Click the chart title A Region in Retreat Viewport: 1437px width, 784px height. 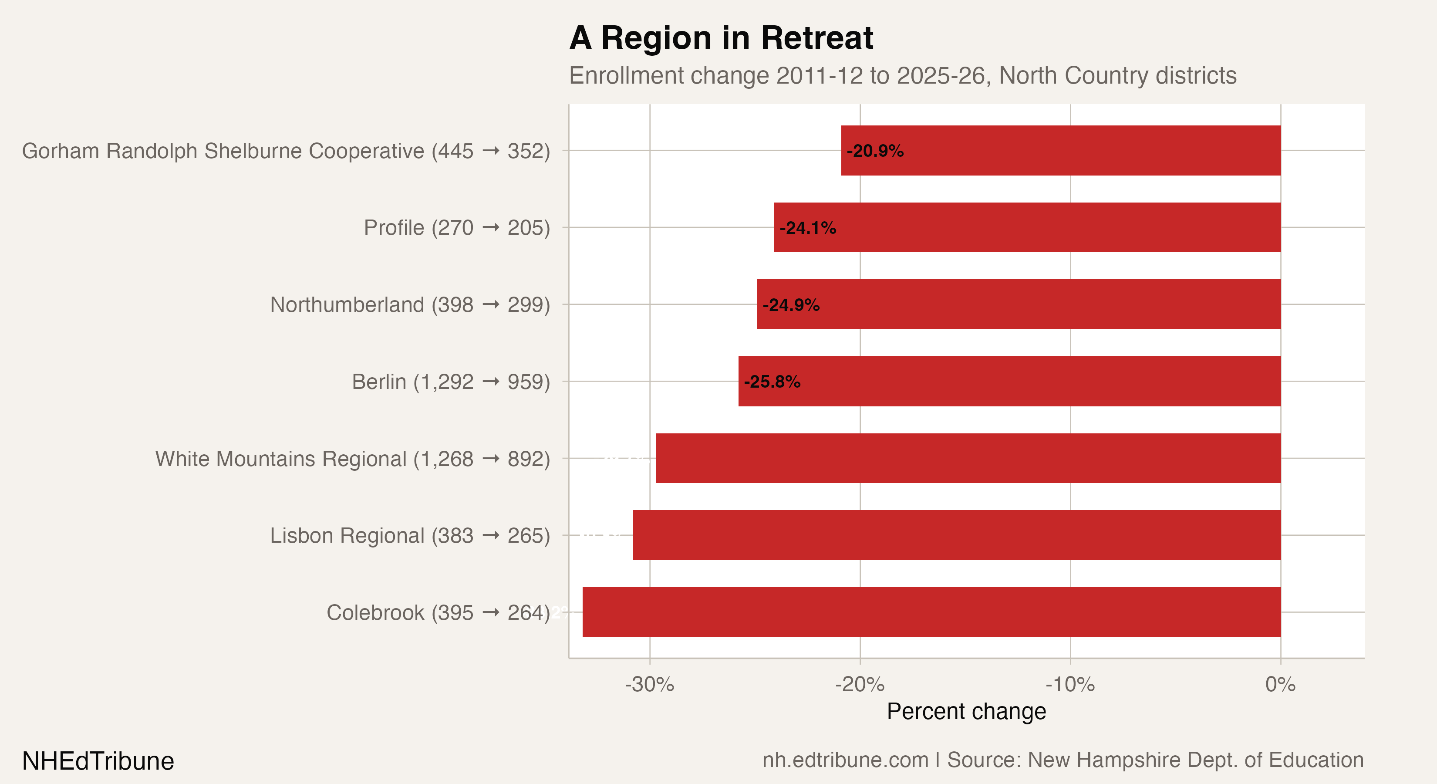721,38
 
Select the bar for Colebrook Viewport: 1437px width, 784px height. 931,612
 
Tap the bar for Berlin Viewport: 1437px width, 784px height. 1010,381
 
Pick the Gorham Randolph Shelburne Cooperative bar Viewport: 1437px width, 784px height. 1061,151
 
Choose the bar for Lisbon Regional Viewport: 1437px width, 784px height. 957,535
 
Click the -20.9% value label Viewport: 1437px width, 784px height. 875,151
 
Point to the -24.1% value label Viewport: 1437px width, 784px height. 807,228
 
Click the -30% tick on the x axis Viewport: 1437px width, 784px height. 649,685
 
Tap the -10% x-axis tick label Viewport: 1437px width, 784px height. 1069,685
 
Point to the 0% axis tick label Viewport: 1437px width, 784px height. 1280,685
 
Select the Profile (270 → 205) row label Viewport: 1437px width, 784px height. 456,228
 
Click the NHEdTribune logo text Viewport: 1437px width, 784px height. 98,761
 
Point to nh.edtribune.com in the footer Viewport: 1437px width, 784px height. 845,760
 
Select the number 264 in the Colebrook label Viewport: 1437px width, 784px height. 525,613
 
